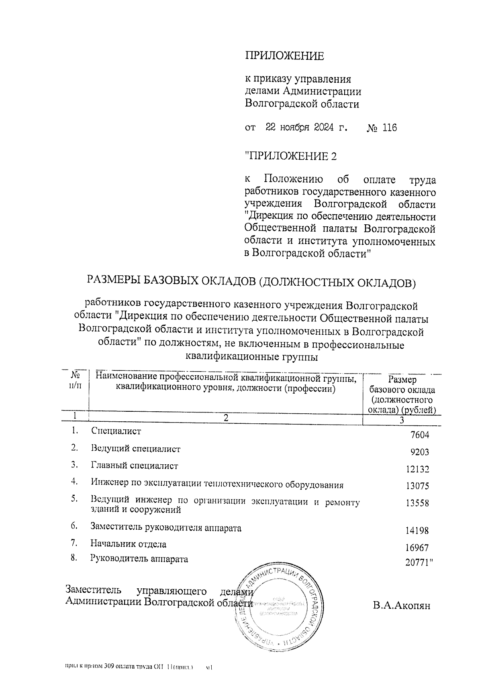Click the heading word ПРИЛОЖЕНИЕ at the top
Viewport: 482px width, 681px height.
[284, 56]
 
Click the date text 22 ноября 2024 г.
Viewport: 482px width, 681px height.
[306, 128]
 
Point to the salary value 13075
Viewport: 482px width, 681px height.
[418, 486]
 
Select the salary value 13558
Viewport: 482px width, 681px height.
[418, 503]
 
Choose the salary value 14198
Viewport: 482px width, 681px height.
[418, 531]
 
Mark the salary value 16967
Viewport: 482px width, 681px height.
[418, 548]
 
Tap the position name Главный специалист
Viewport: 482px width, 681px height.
[134, 466]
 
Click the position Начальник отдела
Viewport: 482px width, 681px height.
[128, 544]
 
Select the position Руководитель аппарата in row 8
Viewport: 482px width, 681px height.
[139, 559]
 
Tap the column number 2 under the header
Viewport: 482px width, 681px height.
[226, 417]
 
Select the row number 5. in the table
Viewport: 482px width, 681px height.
[74, 499]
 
